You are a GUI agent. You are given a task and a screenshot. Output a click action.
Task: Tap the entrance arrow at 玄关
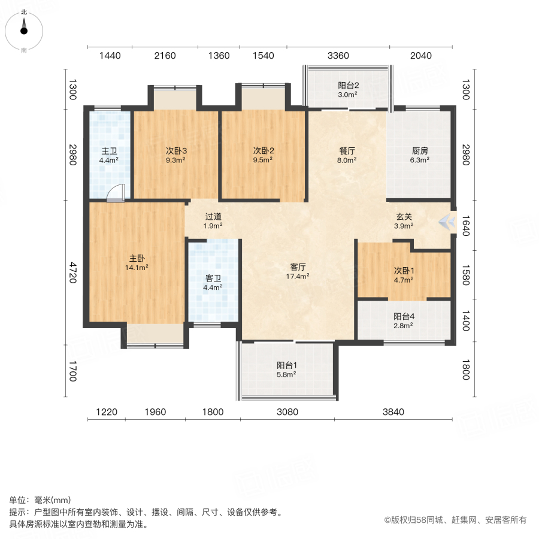447,222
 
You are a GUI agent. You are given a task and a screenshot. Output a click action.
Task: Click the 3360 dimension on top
338,56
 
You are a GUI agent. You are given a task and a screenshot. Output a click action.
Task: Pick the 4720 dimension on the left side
72,273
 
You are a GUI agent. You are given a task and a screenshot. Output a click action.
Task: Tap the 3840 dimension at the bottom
393,412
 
